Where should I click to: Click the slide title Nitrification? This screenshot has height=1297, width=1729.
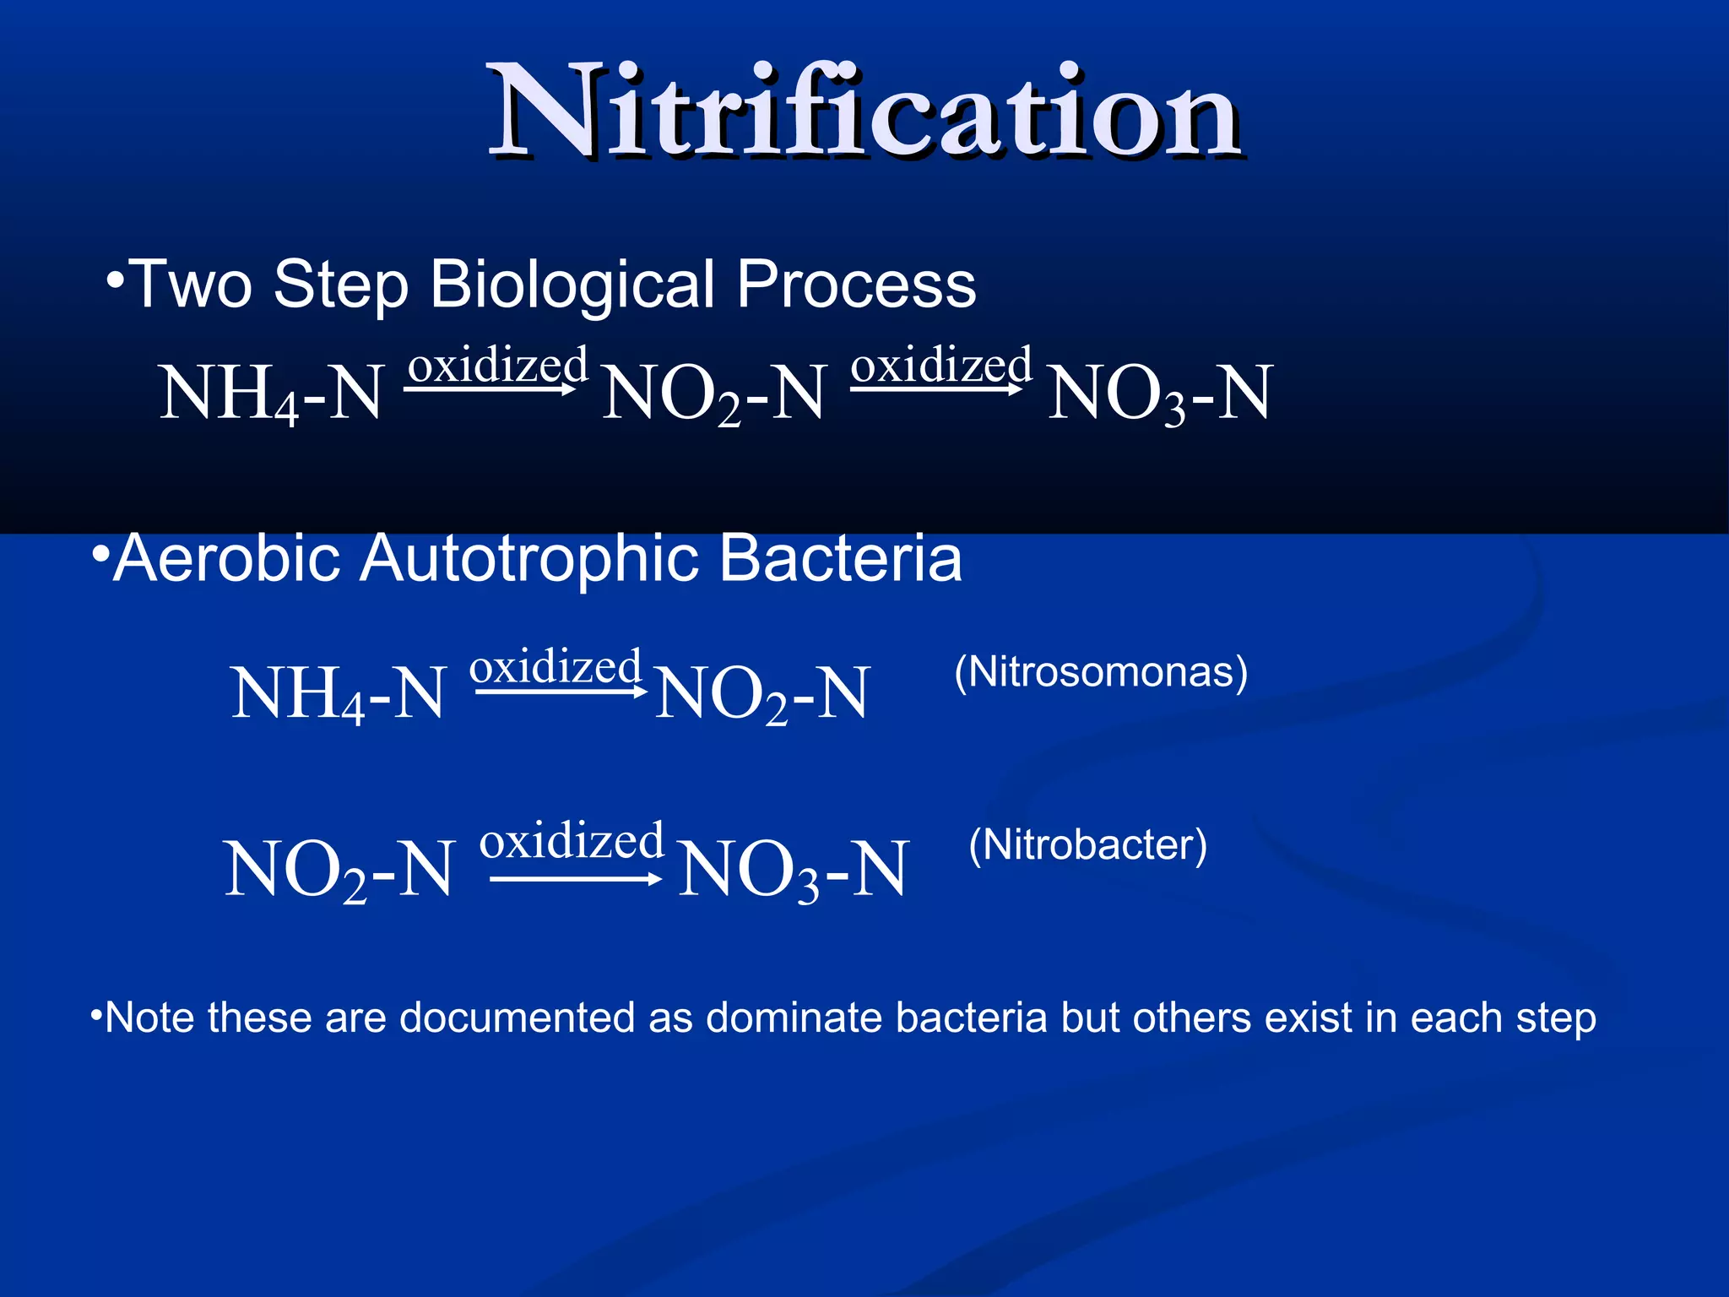coord(864,112)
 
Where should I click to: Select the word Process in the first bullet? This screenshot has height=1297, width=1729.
coord(856,285)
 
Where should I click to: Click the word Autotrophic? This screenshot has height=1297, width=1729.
coord(529,559)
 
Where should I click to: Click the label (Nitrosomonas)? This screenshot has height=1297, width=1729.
coord(1100,673)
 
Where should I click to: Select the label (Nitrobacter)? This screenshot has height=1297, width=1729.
coord(1087,845)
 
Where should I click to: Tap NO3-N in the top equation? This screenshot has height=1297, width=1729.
coord(1159,393)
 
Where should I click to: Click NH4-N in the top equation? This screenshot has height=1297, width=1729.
coord(272,393)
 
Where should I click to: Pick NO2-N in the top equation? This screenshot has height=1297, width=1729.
coord(713,393)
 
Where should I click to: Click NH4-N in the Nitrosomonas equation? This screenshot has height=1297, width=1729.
coord(338,694)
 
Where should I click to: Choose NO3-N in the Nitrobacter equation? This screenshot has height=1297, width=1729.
coord(793,870)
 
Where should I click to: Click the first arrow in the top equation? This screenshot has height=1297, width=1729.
coord(490,389)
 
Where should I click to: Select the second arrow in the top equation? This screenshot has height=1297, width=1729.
coord(936,389)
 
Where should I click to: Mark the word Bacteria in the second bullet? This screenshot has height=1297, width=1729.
coord(841,559)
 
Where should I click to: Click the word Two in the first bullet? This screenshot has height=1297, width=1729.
coord(190,285)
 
